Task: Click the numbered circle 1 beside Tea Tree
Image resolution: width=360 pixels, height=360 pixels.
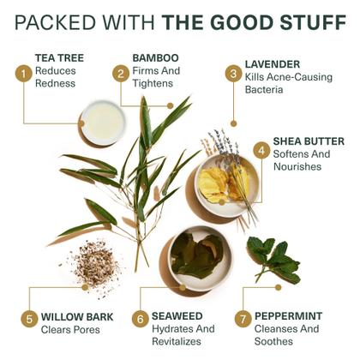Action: coord(23,73)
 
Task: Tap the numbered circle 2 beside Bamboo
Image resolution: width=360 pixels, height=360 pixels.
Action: coord(121,73)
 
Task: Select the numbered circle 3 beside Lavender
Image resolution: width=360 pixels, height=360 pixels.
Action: coord(232,73)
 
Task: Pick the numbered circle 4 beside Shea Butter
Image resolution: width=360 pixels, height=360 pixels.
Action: coord(261,148)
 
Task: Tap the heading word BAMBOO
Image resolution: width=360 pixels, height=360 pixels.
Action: coord(156,57)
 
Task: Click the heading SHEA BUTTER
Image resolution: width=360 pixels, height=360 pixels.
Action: coord(309,141)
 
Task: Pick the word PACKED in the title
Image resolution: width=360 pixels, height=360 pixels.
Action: coord(47,21)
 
